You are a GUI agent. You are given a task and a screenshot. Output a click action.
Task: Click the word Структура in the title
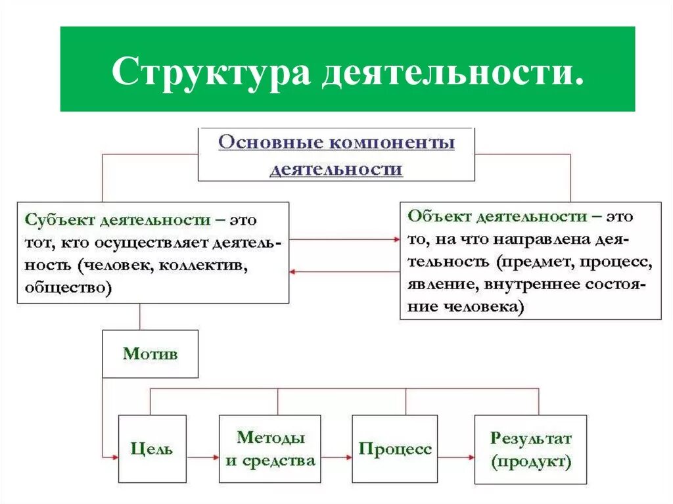pos(210,72)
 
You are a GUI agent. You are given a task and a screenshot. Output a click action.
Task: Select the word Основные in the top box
pos(264,143)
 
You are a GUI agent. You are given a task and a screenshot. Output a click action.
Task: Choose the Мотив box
pos(150,354)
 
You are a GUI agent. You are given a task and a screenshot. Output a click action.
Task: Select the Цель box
pos(152,449)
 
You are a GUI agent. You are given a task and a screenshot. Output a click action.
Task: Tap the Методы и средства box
pos(270,449)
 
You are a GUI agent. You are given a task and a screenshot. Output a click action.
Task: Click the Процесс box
pos(395,449)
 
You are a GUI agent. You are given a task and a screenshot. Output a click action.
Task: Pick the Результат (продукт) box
pos(530,449)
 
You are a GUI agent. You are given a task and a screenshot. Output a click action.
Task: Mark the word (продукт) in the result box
pos(530,461)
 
